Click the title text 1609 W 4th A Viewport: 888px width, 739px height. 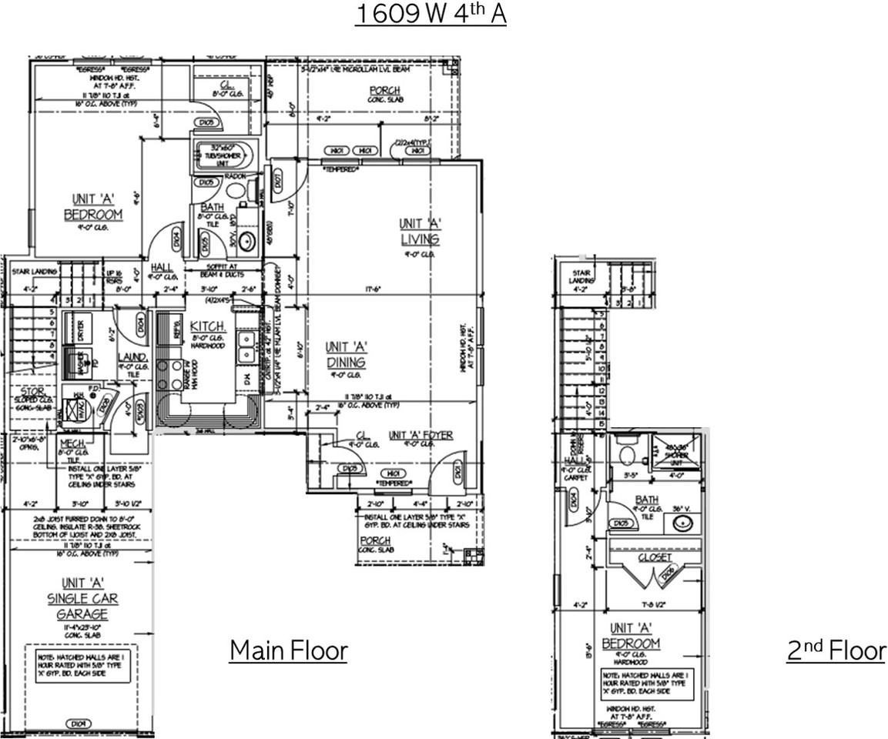(430, 14)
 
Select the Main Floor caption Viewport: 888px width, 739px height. (288, 650)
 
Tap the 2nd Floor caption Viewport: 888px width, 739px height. (836, 650)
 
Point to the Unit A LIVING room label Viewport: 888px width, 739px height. (420, 231)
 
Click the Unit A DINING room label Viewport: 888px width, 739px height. (345, 355)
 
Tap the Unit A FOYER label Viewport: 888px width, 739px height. (421, 435)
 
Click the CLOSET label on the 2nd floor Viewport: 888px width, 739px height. (655, 557)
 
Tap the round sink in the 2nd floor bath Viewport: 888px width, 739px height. (680, 523)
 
